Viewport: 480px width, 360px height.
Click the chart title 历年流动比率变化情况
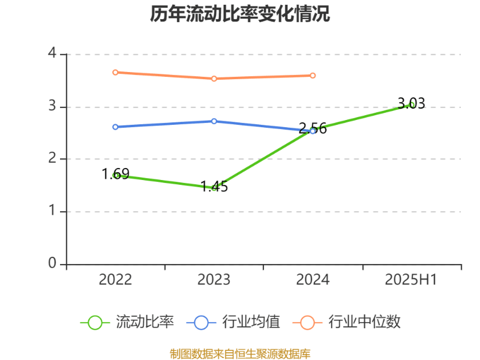240,14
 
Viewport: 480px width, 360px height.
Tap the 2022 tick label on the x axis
115,280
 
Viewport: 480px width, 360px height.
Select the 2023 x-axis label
214,280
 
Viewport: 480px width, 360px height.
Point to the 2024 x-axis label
313,280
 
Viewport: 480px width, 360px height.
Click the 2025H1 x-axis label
412,280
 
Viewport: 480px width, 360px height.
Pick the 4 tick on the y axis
52,53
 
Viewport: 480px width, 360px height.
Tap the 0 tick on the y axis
52,264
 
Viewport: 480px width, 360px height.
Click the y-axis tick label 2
52,159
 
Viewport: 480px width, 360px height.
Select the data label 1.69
115,175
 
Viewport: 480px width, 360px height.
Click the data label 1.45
214,187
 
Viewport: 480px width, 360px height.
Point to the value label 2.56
313,128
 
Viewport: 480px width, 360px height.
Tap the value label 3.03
412,104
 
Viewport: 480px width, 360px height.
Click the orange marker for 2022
115,72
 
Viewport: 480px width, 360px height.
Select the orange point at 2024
313,76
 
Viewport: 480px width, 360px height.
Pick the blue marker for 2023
214,121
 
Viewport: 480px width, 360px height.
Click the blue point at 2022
115,127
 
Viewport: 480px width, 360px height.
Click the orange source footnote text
240,353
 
